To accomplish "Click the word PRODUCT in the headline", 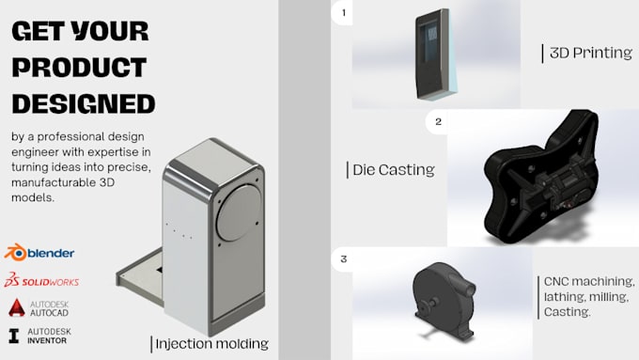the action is [x=79, y=68].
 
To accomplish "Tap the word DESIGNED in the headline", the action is [x=84, y=103].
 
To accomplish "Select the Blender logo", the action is [x=39, y=253].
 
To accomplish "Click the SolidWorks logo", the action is [x=41, y=280].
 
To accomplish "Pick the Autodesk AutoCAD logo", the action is [x=39, y=308].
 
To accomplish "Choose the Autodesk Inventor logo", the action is [x=39, y=336].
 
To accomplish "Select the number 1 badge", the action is [x=344, y=12].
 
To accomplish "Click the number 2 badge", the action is [x=438, y=121].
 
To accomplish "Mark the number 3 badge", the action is [x=344, y=258].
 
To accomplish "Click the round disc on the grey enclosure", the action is [x=239, y=212].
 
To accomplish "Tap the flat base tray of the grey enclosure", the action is [x=141, y=274].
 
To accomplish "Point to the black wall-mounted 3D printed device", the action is [x=434, y=55].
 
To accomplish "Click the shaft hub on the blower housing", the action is [x=431, y=304].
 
